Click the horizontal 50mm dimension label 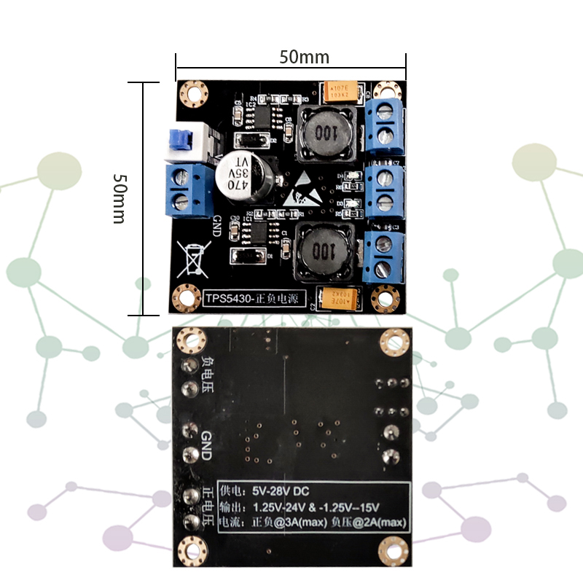click(x=304, y=57)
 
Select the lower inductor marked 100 click(x=324, y=253)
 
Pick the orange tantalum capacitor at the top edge click(x=340, y=90)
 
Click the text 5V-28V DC click(x=281, y=491)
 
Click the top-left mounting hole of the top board click(x=194, y=93)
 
